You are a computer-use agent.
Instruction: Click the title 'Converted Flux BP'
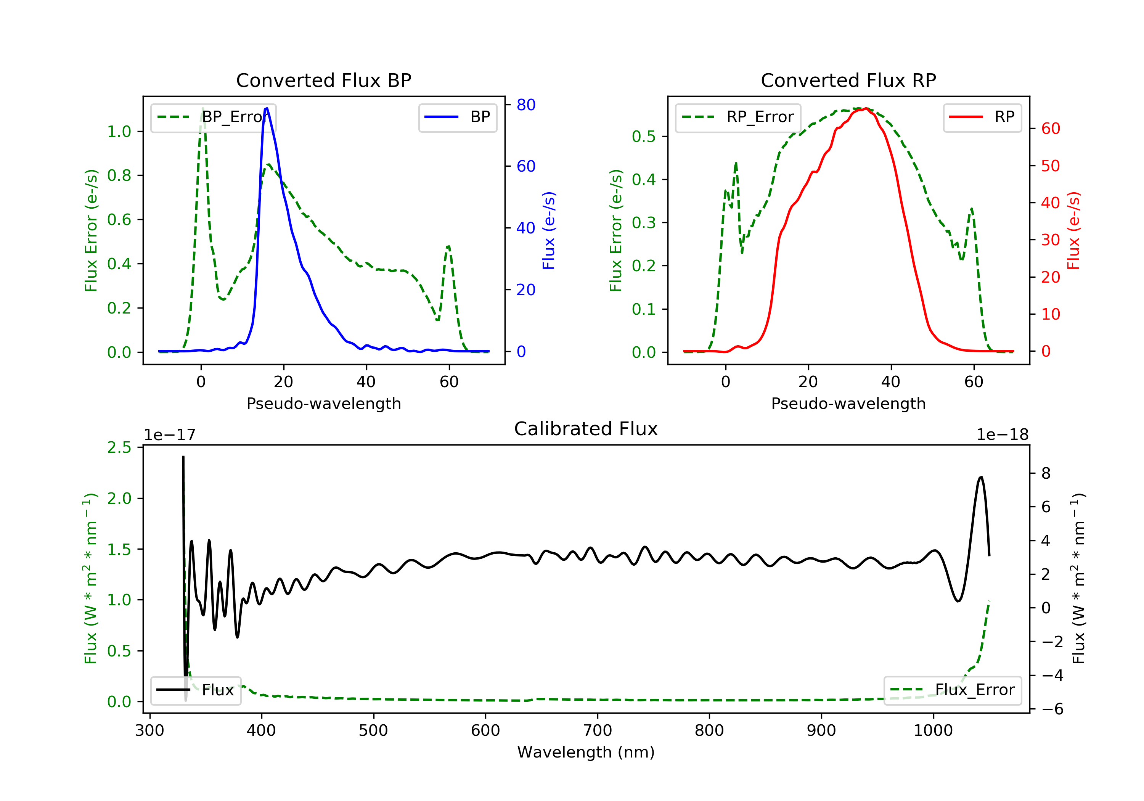point(324,80)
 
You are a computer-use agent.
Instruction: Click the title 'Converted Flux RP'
point(848,80)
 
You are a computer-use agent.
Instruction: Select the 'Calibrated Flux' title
point(586,429)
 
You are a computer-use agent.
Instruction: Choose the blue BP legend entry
point(457,117)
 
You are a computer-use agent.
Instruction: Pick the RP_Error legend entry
point(738,117)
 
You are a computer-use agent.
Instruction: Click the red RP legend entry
point(982,117)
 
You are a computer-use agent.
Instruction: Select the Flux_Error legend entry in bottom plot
point(952,690)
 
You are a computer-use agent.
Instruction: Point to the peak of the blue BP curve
point(267,108)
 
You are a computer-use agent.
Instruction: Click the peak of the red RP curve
point(866,108)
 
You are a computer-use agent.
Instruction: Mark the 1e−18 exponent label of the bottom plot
point(1003,435)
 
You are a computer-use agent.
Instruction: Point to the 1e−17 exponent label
point(170,435)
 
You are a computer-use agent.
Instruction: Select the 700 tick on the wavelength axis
point(598,731)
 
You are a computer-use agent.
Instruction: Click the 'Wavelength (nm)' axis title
point(586,752)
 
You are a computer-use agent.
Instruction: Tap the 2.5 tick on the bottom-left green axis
point(119,447)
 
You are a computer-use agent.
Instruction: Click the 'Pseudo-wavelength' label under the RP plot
point(848,403)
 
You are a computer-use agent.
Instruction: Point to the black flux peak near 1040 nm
point(981,478)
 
